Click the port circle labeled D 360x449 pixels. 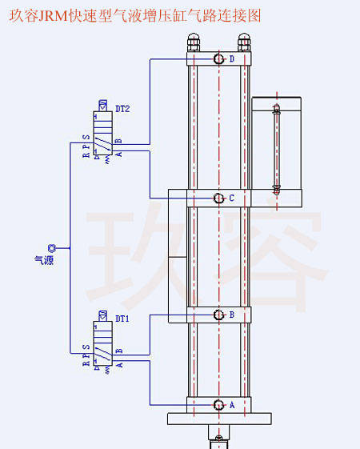[x=219, y=59]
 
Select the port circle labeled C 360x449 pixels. [x=219, y=198]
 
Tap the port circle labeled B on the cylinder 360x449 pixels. [x=219, y=315]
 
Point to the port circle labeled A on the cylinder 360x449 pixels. [x=219, y=405]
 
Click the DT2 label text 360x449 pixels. [x=122, y=109]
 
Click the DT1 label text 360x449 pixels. [x=122, y=319]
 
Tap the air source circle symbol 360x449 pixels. [x=52, y=248]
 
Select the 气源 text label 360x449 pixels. [x=44, y=260]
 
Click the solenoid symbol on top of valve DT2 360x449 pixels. [x=102, y=106]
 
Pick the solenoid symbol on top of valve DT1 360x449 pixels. [x=102, y=316]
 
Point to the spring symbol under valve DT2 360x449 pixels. [x=107, y=159]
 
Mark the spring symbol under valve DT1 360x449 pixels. [x=107, y=370]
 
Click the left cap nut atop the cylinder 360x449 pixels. [x=194, y=42]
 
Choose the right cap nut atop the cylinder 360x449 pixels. [x=244, y=42]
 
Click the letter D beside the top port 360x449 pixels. [x=232, y=59]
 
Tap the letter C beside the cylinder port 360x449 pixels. [x=232, y=198]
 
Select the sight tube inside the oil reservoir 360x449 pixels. [x=277, y=149]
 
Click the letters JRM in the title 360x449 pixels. [x=53, y=15]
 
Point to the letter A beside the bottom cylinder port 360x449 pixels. [x=232, y=405]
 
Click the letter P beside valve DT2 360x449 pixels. [x=86, y=146]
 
